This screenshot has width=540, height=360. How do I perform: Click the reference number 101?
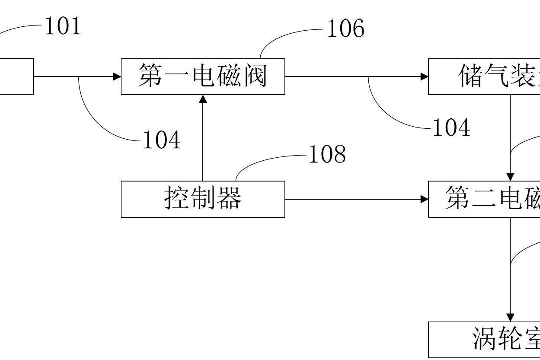point(63,27)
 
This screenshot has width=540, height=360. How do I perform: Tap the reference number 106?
point(345,29)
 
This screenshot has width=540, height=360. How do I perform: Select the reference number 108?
point(327,154)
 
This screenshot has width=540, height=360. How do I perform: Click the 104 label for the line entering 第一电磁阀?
point(161,140)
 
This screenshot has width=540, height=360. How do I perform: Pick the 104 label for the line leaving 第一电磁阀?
point(451,128)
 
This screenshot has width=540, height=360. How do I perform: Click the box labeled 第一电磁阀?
point(203,76)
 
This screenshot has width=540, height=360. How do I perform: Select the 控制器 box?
point(203,199)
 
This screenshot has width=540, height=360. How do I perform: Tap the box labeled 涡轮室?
point(484,339)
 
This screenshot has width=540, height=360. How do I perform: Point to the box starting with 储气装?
point(484,76)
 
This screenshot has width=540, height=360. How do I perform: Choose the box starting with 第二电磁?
point(484,199)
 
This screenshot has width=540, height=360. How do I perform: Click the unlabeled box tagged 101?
point(16,76)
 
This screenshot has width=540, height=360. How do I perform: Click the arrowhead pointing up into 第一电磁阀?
point(203,99)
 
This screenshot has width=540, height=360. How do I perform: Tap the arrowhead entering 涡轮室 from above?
point(510,318)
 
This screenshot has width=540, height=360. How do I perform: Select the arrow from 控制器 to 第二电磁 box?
point(355,199)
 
